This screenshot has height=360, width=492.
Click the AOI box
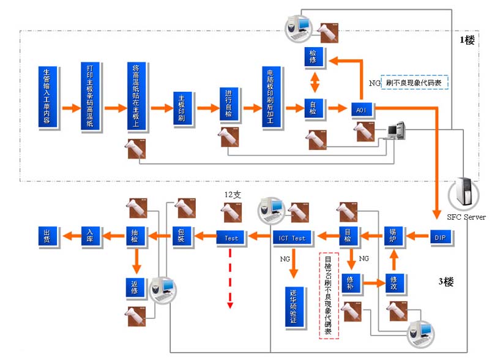point(361,110)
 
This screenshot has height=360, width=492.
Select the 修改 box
point(394,282)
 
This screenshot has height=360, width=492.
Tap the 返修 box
point(135,285)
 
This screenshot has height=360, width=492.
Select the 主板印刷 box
point(182,109)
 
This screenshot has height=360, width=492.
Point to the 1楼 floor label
point(467,40)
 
